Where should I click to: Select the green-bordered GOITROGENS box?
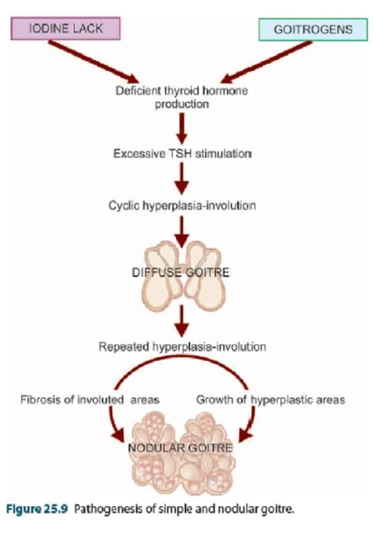(x=313, y=29)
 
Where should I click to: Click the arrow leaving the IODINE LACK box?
(x=91, y=60)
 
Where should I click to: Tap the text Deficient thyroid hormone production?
(x=182, y=97)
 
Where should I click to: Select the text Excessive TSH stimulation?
(x=182, y=154)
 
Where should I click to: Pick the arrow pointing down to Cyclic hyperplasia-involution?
(x=182, y=178)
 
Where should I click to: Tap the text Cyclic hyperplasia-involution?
(x=182, y=205)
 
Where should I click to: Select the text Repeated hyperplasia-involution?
(x=182, y=347)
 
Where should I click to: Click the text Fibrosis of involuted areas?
(x=90, y=400)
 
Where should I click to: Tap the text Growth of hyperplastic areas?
(x=271, y=400)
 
